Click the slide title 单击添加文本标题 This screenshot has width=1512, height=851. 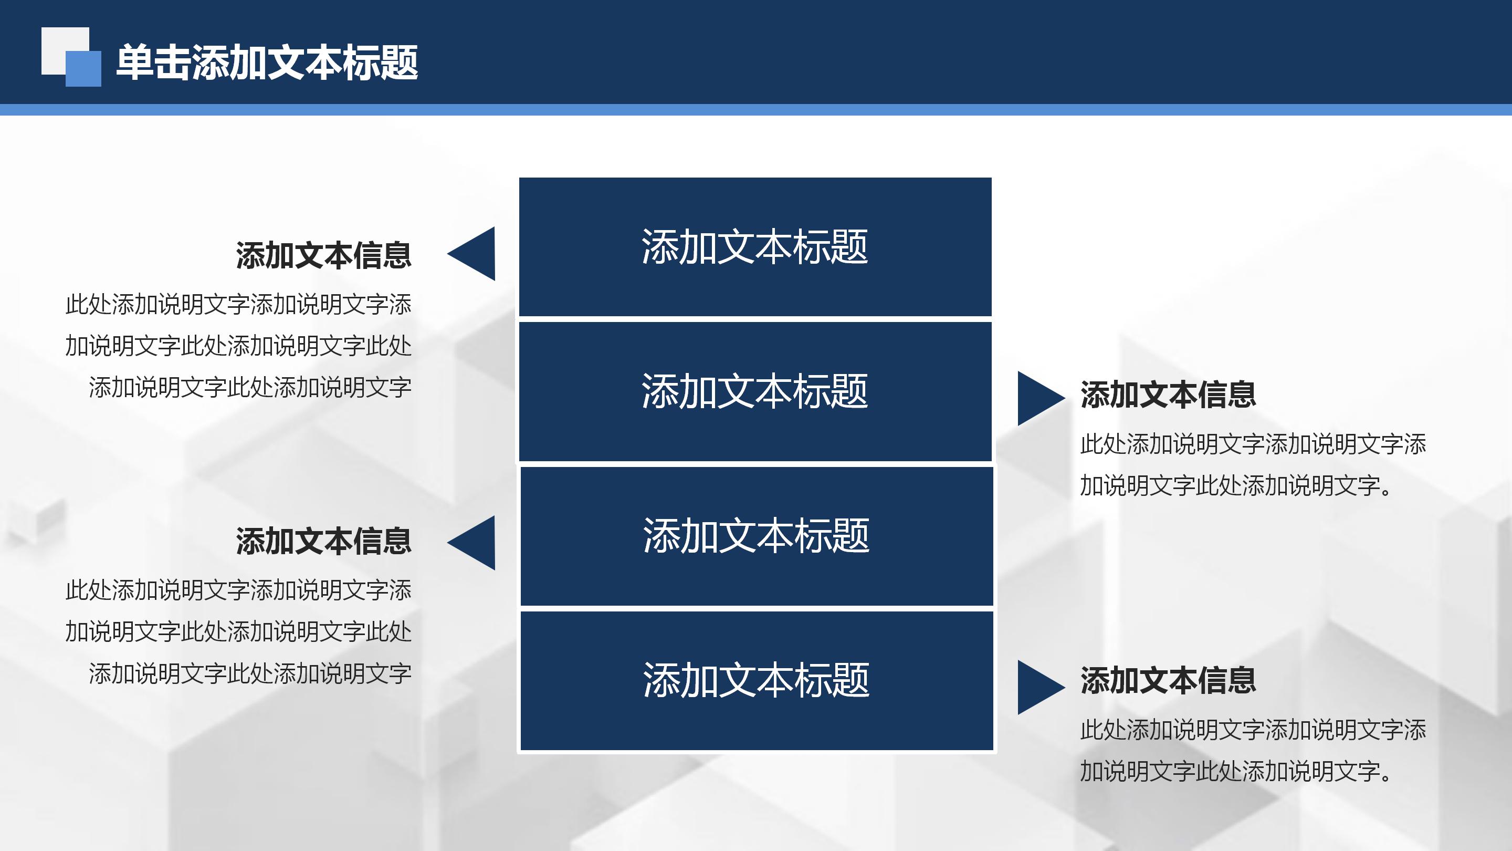(267, 63)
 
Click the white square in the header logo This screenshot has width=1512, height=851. (56, 44)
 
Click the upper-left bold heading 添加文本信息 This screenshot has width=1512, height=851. (323, 255)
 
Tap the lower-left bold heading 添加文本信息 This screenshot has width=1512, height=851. (323, 541)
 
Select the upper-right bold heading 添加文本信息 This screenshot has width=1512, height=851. (1168, 395)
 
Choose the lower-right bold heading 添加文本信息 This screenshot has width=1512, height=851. (1168, 680)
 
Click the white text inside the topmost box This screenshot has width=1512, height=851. (755, 247)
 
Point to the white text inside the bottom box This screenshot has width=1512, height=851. (756, 680)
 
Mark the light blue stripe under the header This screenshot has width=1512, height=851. (756, 110)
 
